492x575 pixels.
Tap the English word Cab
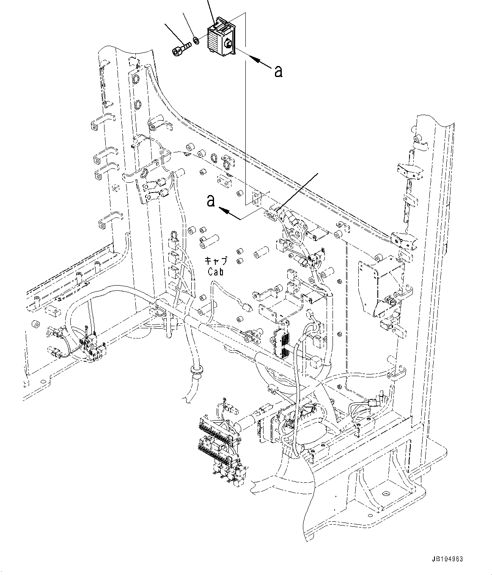215,272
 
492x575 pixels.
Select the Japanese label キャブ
216,261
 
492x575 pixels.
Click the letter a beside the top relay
278,72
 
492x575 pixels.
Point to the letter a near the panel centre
210,201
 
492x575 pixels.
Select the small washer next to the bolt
196,41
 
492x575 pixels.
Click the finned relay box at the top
220,37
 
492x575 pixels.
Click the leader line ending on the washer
189,25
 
